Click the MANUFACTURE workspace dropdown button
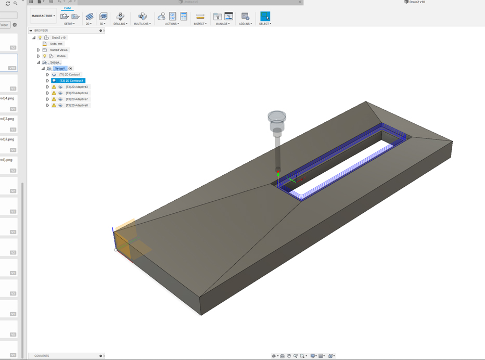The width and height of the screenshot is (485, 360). click(x=43, y=16)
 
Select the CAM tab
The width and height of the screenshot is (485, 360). click(x=67, y=8)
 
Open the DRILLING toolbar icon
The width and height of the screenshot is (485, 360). click(x=120, y=17)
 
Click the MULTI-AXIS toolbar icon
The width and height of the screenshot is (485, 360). click(x=142, y=17)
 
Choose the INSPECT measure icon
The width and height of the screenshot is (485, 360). click(x=200, y=17)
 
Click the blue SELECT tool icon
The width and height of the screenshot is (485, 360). click(x=265, y=17)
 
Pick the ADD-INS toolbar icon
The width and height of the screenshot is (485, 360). click(x=245, y=17)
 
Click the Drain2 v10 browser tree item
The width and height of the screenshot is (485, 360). click(x=59, y=37)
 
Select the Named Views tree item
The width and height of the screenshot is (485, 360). click(x=59, y=50)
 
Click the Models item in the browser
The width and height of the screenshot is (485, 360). click(x=61, y=56)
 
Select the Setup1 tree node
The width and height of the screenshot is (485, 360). click(x=60, y=69)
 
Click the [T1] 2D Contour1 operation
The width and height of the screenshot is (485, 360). click(x=70, y=75)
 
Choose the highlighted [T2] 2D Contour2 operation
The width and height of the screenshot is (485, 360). click(x=71, y=81)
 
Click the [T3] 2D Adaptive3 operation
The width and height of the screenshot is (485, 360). click(x=76, y=87)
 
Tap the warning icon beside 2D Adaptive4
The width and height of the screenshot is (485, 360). click(x=54, y=93)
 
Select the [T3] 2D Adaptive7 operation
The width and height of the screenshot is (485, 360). click(x=76, y=99)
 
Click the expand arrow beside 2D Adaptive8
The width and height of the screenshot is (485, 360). click(x=47, y=106)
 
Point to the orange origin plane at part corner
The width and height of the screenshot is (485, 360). click(x=130, y=240)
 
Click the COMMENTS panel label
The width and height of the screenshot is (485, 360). click(x=42, y=356)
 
